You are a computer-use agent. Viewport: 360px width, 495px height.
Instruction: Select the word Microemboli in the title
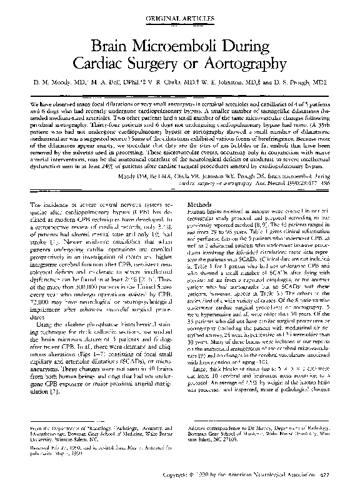(x=177, y=46)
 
